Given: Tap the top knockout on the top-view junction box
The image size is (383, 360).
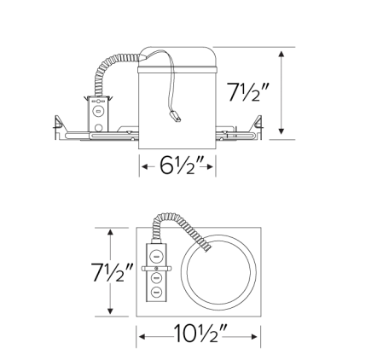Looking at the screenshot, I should [x=158, y=255].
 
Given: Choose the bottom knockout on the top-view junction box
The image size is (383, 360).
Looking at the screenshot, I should [x=158, y=293].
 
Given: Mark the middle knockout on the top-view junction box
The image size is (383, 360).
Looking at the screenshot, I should [x=158, y=276].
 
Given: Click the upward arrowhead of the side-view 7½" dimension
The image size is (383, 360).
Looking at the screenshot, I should [x=282, y=53].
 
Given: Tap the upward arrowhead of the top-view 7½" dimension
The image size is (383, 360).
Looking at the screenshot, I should [x=111, y=233].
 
